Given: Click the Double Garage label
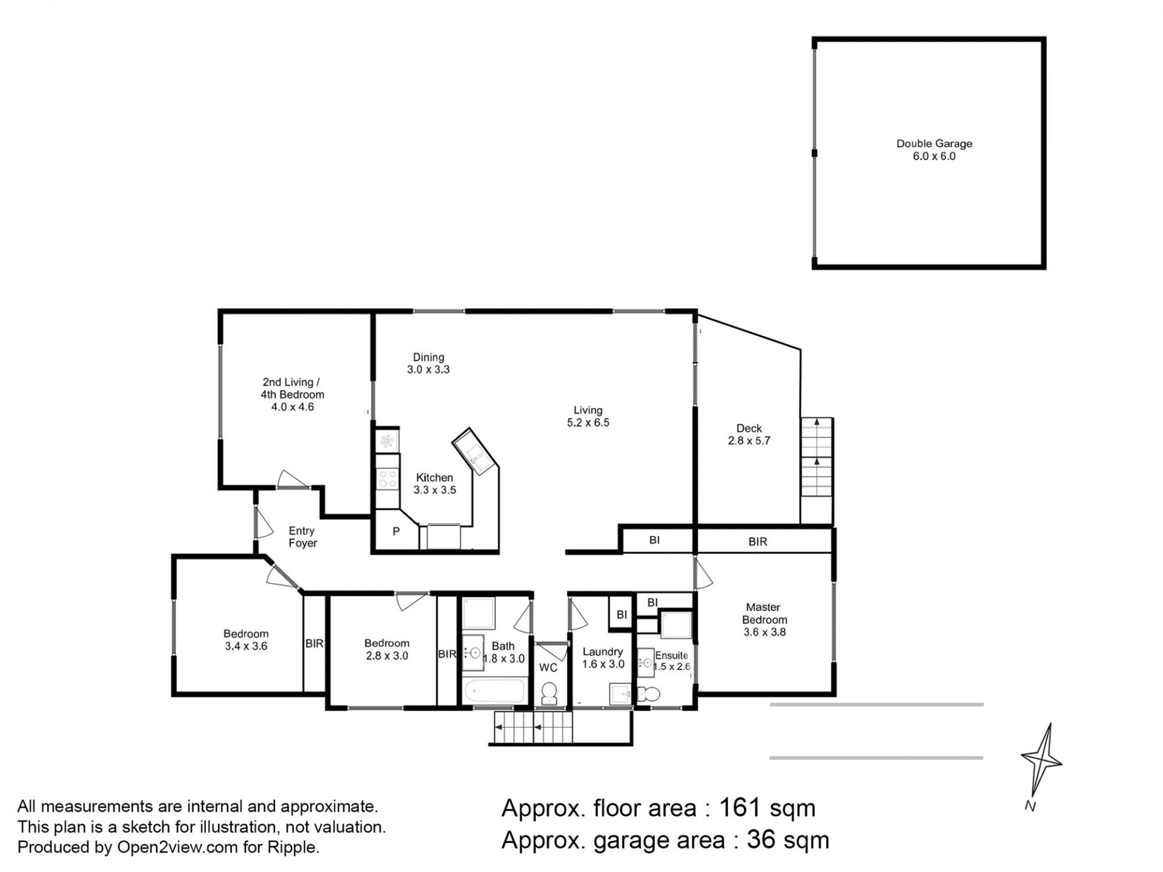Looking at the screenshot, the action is click(x=934, y=144).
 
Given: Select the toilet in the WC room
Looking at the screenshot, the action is click(x=549, y=693).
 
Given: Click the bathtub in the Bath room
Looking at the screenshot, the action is click(x=494, y=691).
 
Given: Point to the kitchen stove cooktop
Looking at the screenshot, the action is click(x=387, y=479).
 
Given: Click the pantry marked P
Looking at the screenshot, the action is click(x=396, y=531).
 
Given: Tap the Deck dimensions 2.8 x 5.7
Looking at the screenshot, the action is click(x=749, y=441).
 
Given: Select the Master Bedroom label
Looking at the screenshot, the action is click(x=764, y=613).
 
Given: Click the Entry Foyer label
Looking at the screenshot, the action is click(x=302, y=537).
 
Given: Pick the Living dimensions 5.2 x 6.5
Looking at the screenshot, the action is click(x=588, y=423).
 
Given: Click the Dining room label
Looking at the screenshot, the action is click(x=428, y=357).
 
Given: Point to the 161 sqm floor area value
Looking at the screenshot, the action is click(x=767, y=808).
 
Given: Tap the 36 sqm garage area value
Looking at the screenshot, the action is click(x=787, y=840).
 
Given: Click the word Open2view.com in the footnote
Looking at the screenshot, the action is click(x=177, y=847).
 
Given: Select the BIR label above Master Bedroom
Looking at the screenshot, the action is click(x=758, y=542).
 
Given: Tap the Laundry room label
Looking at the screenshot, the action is click(x=602, y=652).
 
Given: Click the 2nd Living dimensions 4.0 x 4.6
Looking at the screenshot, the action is click(x=292, y=407).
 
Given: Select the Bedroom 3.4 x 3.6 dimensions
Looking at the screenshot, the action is click(x=246, y=646).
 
